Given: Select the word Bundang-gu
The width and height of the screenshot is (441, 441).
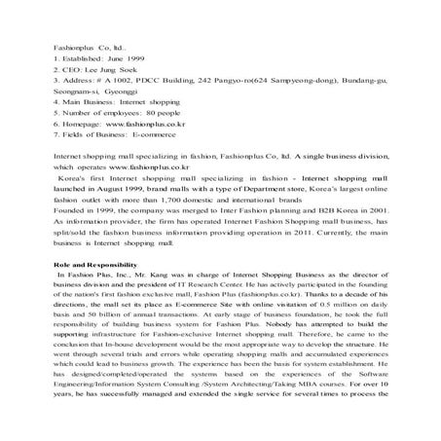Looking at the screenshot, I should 366,84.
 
